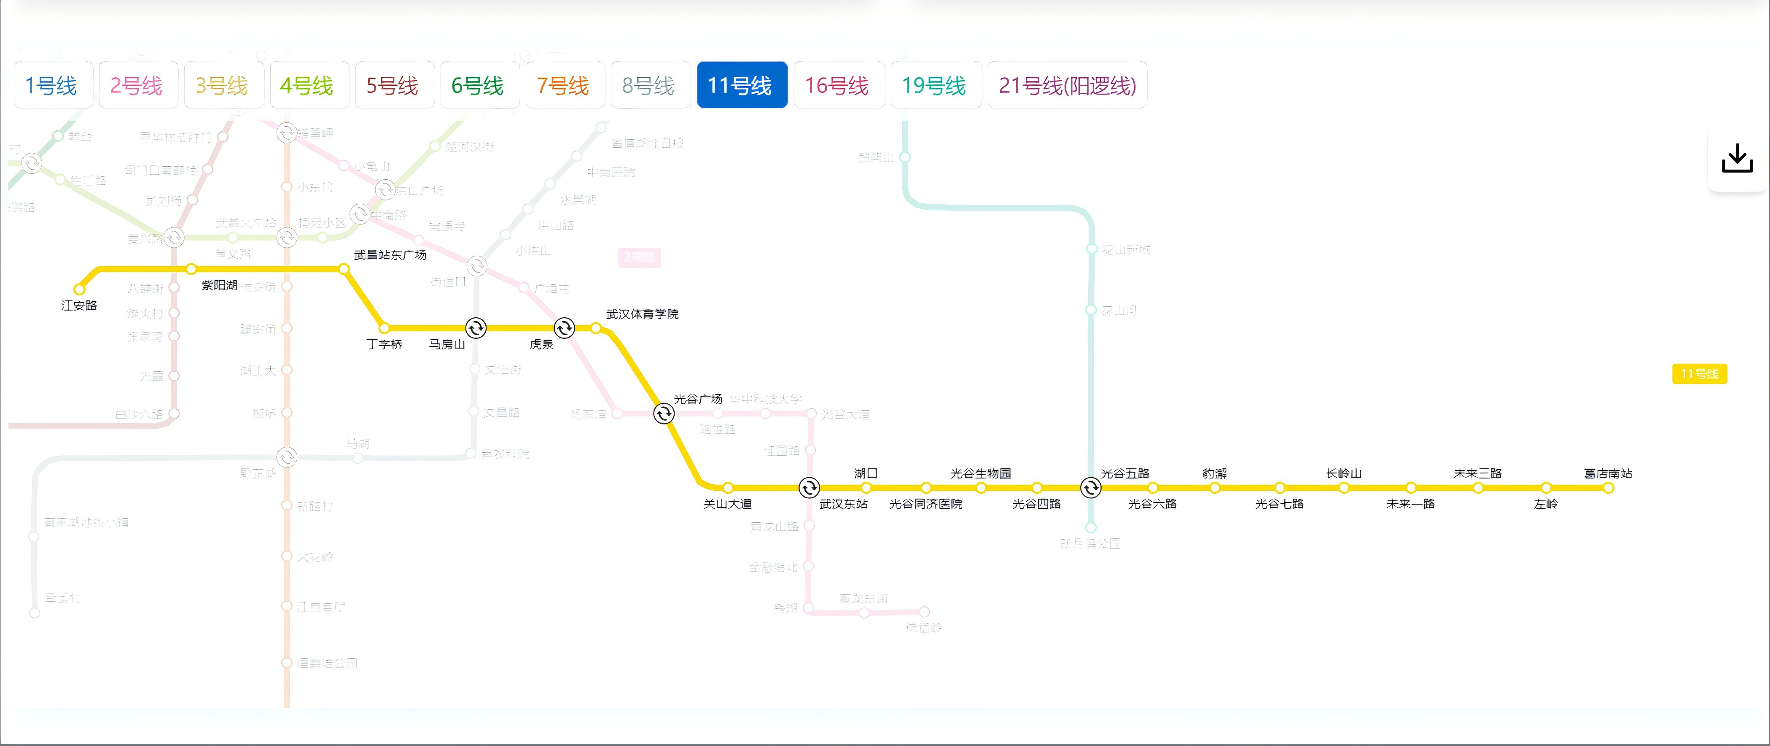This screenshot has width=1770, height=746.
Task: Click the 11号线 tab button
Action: point(741,85)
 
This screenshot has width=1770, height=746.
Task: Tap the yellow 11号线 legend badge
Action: point(1699,374)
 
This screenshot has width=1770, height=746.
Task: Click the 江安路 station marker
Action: point(80,289)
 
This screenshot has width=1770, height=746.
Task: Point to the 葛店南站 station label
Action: point(1607,473)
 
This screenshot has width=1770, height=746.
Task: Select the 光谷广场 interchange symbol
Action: point(664,414)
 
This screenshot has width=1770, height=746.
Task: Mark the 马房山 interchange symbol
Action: point(476,328)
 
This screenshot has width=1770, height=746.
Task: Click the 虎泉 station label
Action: point(541,344)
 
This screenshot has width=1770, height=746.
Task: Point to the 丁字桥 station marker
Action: point(384,328)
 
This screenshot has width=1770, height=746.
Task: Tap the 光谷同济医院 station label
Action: point(925,504)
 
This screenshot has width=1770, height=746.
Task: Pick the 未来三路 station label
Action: point(1477,473)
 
